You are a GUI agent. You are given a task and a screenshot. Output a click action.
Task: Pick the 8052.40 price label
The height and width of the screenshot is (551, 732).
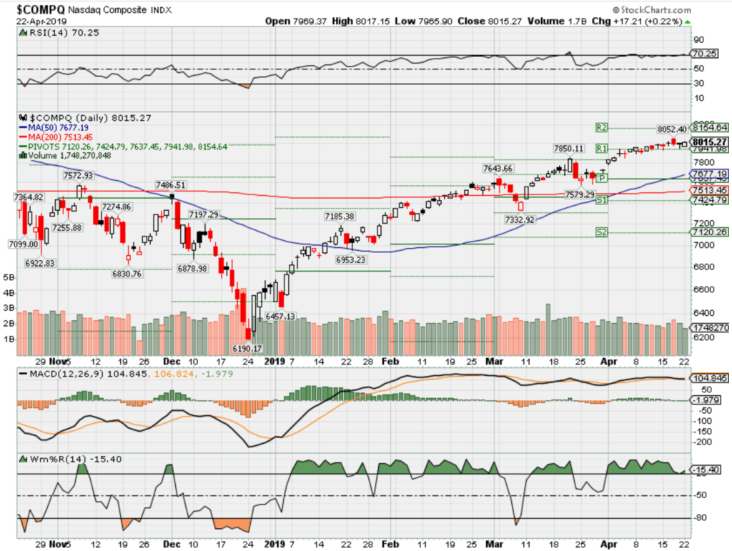(x=672, y=129)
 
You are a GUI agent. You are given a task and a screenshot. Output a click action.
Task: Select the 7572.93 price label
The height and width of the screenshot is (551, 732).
(x=78, y=175)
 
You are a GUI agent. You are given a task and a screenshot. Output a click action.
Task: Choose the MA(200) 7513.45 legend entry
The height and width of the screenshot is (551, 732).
(x=60, y=136)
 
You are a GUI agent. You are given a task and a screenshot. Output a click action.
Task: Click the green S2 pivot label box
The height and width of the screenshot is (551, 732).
(x=602, y=232)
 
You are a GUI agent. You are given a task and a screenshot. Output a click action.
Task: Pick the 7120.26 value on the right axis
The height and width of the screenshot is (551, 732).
(x=708, y=232)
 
